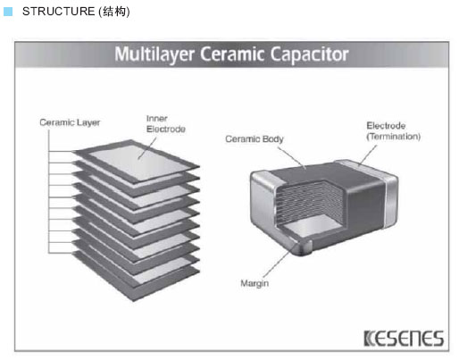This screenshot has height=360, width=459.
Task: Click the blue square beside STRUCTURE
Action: tap(8, 12)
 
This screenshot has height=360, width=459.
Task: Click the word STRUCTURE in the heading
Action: tap(58, 12)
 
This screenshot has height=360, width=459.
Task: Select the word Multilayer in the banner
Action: tap(154, 54)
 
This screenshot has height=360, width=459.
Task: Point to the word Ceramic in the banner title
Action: tap(232, 54)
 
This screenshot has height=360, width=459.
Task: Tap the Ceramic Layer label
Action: tap(70, 122)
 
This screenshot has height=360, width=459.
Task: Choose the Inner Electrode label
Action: tap(166, 124)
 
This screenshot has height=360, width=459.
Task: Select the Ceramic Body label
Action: tap(255, 139)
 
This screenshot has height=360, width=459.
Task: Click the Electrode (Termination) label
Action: tap(394, 131)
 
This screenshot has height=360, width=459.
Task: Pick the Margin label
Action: tap(255, 283)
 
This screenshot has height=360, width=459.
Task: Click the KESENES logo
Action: tap(404, 339)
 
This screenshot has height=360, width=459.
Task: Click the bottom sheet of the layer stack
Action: tap(136, 275)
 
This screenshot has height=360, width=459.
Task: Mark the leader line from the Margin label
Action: tap(280, 261)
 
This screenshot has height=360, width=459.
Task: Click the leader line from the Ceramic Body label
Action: tap(292, 158)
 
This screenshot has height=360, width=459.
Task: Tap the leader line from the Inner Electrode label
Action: tap(147, 148)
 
